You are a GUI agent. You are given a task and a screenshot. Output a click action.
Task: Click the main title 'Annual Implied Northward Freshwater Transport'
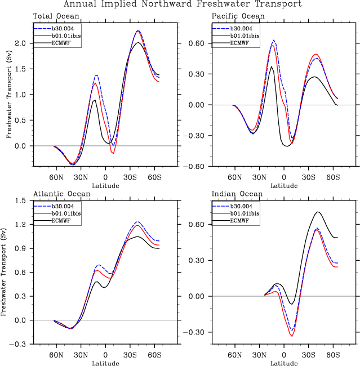183,5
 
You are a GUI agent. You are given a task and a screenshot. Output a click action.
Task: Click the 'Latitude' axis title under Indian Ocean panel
284,363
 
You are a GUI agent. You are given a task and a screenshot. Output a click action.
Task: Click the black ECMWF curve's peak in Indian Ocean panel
318,212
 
